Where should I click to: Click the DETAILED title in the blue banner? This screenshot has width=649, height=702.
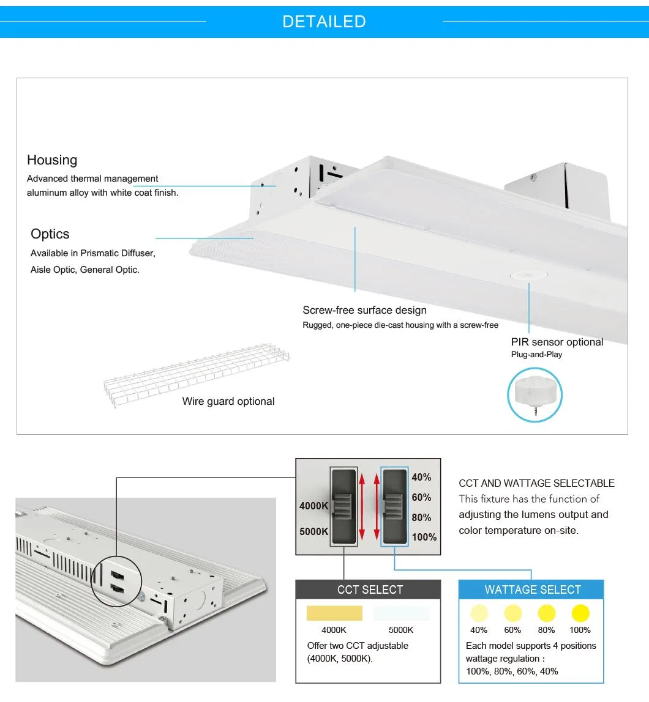click(324, 21)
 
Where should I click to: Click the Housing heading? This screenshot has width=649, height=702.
click(52, 160)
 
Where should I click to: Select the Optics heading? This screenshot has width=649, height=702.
click(50, 234)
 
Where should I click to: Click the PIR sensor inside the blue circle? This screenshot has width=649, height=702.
click(535, 395)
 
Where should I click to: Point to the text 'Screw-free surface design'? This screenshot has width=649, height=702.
click(364, 310)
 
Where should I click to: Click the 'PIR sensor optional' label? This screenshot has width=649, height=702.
click(557, 342)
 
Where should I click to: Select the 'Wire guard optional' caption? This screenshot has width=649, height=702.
click(228, 401)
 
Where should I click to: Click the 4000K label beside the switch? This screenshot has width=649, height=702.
click(313, 506)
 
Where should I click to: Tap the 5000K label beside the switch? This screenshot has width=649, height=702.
click(313, 531)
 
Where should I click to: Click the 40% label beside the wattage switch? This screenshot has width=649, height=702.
click(421, 477)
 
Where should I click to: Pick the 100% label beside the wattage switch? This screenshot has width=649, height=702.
click(424, 537)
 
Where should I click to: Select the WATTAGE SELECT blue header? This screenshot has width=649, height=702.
click(532, 590)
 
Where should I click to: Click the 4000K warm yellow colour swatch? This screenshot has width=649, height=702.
click(334, 613)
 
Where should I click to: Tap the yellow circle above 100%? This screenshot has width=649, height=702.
click(580, 613)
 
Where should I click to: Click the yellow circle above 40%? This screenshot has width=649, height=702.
click(479, 613)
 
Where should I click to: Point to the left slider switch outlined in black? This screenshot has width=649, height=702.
click(343, 506)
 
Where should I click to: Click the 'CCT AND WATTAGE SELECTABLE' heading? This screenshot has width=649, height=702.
click(536, 483)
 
